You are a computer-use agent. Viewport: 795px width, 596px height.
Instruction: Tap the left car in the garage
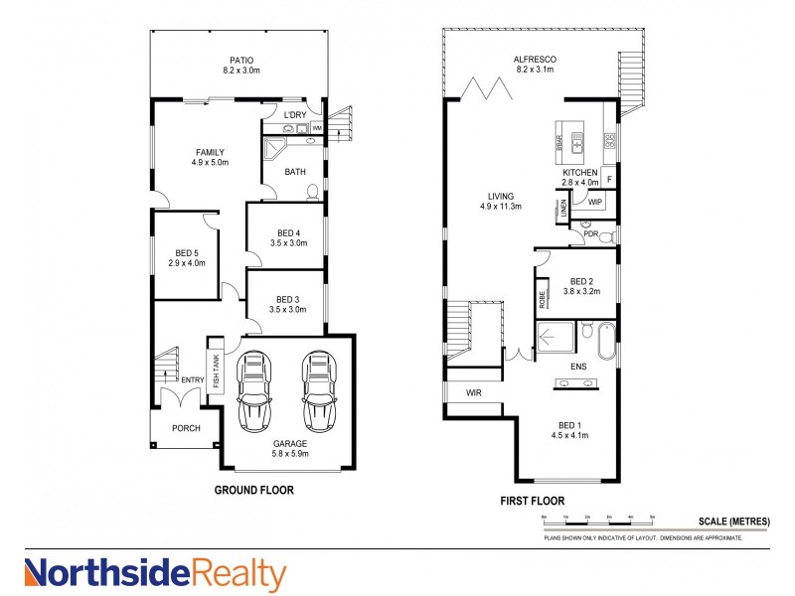[255, 390]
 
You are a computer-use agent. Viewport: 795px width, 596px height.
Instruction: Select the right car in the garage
[320, 390]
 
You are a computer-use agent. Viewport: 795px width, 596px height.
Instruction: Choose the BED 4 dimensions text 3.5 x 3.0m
[286, 244]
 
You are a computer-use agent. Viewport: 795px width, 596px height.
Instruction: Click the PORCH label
[186, 428]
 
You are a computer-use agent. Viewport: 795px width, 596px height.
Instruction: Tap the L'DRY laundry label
[295, 116]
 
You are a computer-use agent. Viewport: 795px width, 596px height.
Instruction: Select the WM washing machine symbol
[317, 129]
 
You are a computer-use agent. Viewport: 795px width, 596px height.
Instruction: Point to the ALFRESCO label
[535, 60]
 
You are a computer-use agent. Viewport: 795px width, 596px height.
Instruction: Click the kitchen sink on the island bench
[575, 147]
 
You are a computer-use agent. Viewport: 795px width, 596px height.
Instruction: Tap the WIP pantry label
[595, 202]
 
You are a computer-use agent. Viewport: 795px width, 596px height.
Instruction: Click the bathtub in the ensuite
[605, 340]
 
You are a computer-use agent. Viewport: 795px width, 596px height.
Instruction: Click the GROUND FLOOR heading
[254, 490]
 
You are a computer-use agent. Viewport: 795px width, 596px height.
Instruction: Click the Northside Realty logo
[155, 574]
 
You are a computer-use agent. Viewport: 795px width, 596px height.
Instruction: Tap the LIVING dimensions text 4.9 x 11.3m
[493, 208]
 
